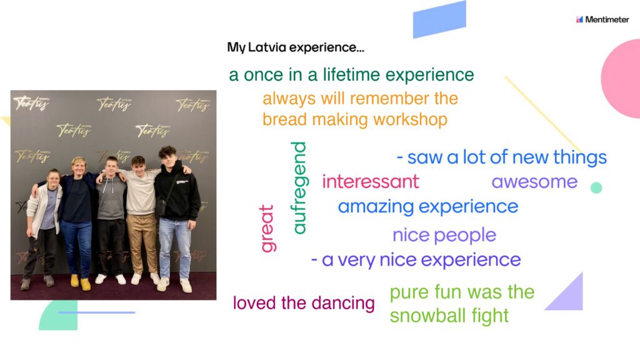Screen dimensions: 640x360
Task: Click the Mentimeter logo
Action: (602, 19)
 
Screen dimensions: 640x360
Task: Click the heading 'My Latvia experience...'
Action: (296, 47)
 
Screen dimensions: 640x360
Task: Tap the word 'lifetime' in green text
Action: (351, 75)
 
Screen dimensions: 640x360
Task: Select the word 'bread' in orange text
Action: (285, 119)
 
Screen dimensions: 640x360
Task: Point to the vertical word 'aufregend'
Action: (299, 187)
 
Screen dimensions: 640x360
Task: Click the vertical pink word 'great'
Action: (267, 229)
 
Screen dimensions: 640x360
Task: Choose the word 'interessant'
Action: (371, 182)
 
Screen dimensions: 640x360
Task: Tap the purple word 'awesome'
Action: (534, 182)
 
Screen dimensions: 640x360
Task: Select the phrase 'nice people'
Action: (444, 235)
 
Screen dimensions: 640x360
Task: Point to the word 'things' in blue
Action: (580, 157)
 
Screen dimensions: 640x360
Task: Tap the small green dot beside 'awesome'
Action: (596, 187)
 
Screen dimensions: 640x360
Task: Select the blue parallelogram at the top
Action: (439, 19)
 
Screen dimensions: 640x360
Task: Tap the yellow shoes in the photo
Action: (81, 282)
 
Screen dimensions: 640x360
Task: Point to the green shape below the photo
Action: (59, 315)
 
